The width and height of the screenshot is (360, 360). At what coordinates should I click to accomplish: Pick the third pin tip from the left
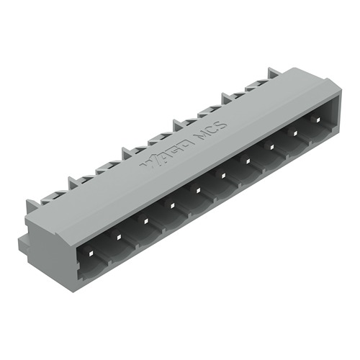point(145,219)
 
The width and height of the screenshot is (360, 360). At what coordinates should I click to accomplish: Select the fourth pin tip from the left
point(171,204)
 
